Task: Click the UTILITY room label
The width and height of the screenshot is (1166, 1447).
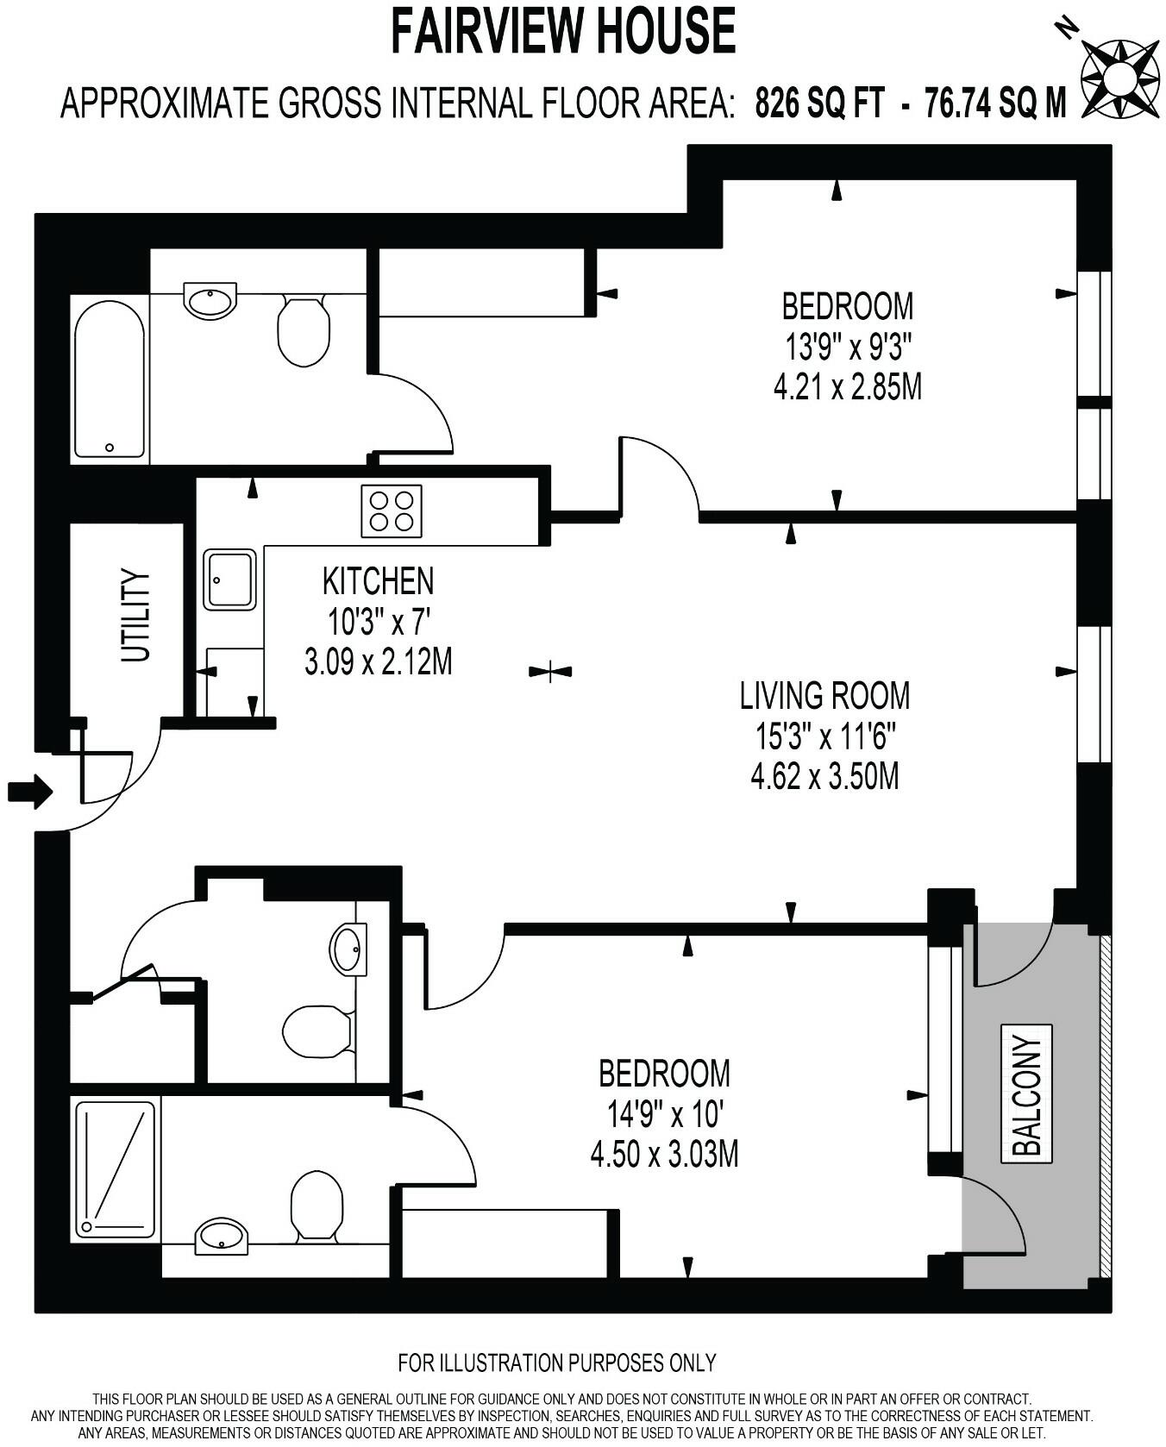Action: (135, 615)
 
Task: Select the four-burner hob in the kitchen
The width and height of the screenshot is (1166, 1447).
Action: (392, 511)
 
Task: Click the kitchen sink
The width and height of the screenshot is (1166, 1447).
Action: (230, 579)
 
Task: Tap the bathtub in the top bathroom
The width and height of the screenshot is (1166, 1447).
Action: (109, 379)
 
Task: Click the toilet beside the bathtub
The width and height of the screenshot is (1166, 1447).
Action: (304, 332)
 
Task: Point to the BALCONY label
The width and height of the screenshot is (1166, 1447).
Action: (1027, 1094)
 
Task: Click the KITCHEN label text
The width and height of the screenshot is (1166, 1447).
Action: (378, 581)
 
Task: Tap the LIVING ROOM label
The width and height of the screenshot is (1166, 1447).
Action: (824, 695)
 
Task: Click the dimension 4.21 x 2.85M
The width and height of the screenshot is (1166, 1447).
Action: (847, 387)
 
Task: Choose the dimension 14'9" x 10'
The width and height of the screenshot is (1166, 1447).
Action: (663, 1115)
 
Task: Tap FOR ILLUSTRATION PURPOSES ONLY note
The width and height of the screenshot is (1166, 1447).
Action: (556, 1362)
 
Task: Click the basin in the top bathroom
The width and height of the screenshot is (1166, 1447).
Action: (210, 301)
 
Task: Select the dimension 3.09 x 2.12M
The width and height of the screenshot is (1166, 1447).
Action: (378, 662)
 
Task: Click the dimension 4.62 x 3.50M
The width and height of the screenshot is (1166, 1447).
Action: (824, 777)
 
